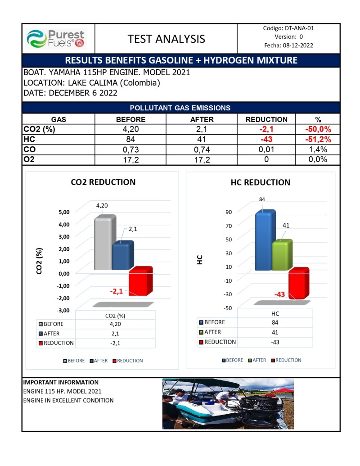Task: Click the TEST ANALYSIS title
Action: pyautogui.click(x=166, y=39)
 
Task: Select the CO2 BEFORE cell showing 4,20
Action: pyautogui.click(x=130, y=130)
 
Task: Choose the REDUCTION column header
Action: pyautogui.click(x=266, y=119)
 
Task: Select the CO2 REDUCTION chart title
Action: pyautogui.click(x=103, y=182)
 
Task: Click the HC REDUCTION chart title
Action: pyautogui.click(x=260, y=182)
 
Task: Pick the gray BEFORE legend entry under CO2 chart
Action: pyautogui.click(x=74, y=361)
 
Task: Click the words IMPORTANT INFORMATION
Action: pyautogui.click(x=60, y=382)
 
